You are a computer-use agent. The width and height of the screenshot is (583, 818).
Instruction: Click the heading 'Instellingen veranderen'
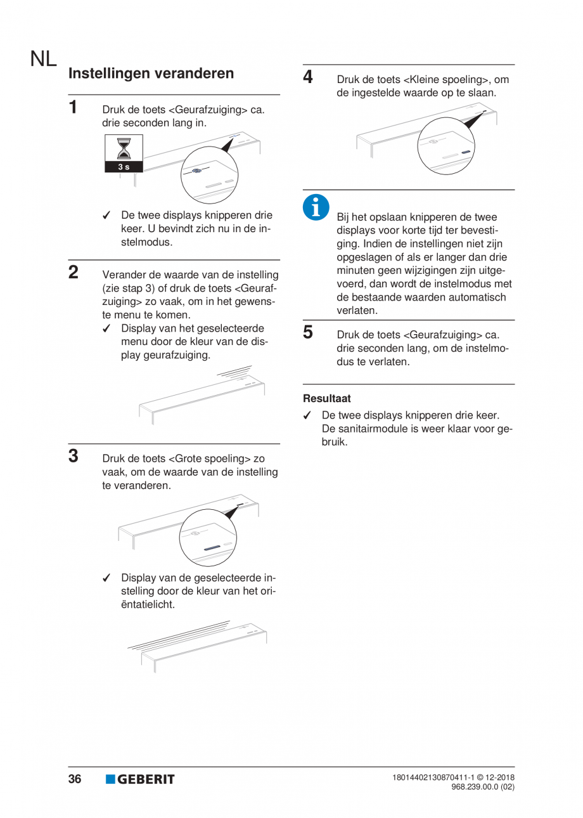click(x=151, y=74)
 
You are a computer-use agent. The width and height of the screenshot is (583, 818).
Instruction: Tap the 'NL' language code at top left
click(x=42, y=60)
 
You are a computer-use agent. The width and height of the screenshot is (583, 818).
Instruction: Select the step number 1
click(x=74, y=107)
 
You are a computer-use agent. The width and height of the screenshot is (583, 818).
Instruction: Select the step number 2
click(x=74, y=273)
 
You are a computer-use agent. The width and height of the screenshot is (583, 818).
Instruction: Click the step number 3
click(x=74, y=455)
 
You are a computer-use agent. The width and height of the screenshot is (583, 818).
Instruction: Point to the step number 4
click(x=308, y=77)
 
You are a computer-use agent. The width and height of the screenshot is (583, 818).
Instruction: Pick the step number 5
click(x=308, y=332)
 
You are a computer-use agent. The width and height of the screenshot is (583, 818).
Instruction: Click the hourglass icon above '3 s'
click(x=124, y=148)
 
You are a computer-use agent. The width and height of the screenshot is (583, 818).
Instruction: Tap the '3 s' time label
click(x=124, y=167)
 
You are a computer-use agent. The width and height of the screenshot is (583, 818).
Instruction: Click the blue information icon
click(x=316, y=207)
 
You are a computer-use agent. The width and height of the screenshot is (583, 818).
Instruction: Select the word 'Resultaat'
click(x=327, y=399)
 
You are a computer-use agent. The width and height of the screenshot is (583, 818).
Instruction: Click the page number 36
click(x=75, y=779)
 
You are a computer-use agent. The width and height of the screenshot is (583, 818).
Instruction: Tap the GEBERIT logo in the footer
click(x=140, y=779)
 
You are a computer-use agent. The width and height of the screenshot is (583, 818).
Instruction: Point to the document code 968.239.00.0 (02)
click(x=482, y=787)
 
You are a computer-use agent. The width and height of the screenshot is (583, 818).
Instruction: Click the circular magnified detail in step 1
click(x=208, y=175)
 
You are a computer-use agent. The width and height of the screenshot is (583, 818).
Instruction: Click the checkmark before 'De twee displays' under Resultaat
click(x=307, y=416)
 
